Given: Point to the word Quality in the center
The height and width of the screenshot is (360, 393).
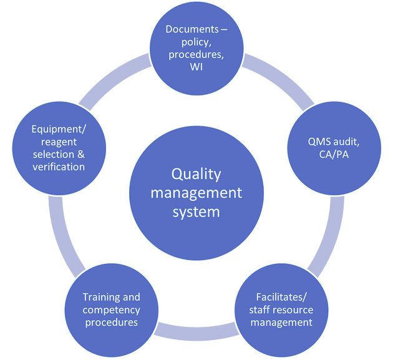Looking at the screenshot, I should (x=196, y=173).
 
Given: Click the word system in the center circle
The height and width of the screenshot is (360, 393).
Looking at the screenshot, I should (x=196, y=212).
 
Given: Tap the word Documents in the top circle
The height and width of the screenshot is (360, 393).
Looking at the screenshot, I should (x=192, y=29).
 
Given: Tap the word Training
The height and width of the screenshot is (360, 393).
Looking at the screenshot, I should (x=97, y=297).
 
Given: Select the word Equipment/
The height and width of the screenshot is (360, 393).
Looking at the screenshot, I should (x=52, y=129).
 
